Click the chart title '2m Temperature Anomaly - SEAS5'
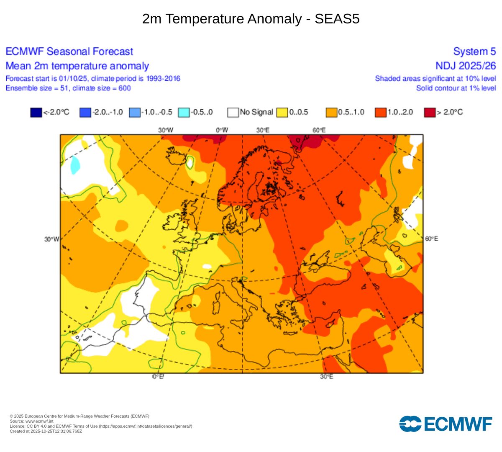pos(251,19)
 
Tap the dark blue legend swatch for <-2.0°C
pos(36,112)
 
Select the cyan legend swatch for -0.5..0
pos(184,112)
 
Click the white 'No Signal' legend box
pos(233,112)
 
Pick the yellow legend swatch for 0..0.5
pos(282,112)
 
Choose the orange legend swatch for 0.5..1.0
pos(331,112)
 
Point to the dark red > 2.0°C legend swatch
pos(430,112)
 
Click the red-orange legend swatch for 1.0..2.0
pos(381,112)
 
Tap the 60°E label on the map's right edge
pos(432,239)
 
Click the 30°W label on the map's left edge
pos(52,239)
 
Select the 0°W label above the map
pos(222,130)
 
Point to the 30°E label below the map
pos(327,377)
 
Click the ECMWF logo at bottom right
pos(446,424)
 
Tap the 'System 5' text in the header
pos(474,51)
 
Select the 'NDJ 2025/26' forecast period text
pos(466,66)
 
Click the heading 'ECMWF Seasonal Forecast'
pos(69,51)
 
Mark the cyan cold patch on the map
pos(75,164)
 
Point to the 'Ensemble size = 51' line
pos(68,88)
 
